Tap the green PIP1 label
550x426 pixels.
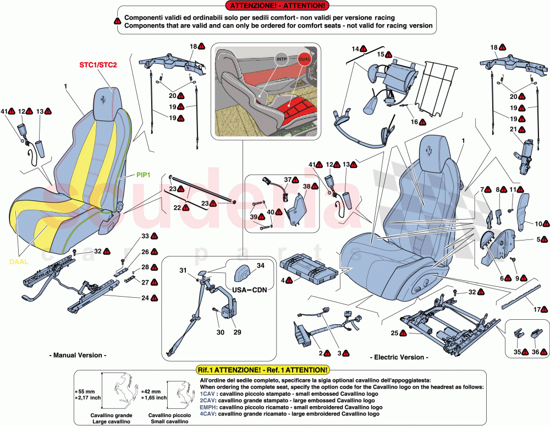pos(144,174)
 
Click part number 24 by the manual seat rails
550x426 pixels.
pos(145,298)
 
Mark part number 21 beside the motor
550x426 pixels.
pos(513,129)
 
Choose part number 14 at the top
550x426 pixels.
pos(355,49)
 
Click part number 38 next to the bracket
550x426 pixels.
pos(306,186)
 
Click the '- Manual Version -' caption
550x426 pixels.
pos(78,355)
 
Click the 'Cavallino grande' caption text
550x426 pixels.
pos(112,414)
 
